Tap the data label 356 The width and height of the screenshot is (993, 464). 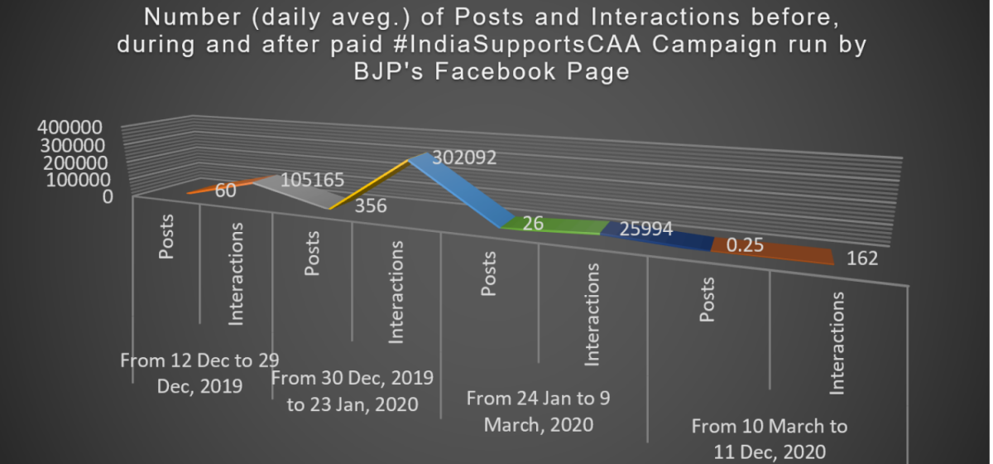tap(370, 206)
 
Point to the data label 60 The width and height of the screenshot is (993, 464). tap(226, 190)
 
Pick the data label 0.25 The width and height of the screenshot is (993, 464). tap(744, 246)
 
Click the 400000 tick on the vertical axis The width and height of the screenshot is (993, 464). tap(70, 128)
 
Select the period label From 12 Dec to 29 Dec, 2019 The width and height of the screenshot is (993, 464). tap(199, 373)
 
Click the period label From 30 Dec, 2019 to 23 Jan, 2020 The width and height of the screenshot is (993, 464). tap(353, 391)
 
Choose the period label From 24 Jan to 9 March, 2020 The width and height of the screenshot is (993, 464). tap(538, 411)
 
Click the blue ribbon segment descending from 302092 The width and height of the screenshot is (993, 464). tap(459, 191)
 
